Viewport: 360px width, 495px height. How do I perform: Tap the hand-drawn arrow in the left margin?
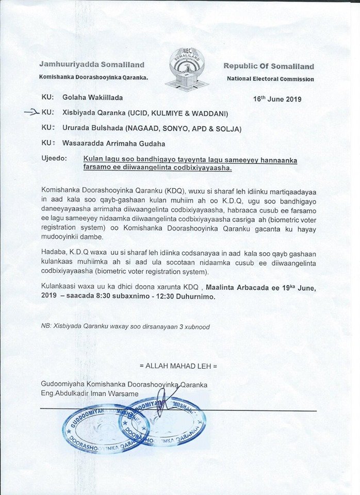(31, 111)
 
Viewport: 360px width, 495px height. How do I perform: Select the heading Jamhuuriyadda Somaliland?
(91, 65)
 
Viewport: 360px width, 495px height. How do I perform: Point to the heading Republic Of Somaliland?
(268, 66)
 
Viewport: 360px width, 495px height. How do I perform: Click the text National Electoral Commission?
(270, 79)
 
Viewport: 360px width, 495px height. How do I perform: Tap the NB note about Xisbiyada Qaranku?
(125, 327)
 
